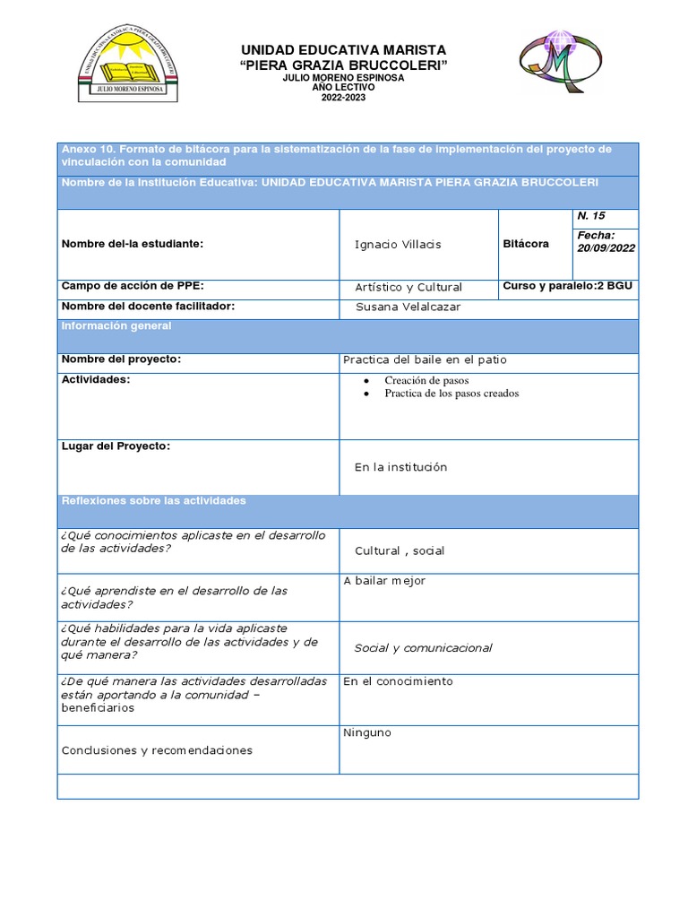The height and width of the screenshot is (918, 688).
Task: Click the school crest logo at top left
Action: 127,65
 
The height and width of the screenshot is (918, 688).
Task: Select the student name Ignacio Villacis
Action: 398,245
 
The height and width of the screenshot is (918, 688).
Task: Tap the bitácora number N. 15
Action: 591,216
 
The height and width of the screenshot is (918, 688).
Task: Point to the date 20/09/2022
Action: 606,248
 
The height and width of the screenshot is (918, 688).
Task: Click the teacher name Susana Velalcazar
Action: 408,308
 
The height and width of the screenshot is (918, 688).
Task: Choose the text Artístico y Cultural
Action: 408,287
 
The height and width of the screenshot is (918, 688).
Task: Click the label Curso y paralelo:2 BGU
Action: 568,286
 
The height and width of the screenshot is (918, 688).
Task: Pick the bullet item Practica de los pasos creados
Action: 451,394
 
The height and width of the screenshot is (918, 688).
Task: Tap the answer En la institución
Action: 400,467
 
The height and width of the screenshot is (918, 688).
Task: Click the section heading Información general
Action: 116,326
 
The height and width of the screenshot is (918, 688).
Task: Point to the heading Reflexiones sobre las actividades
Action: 152,500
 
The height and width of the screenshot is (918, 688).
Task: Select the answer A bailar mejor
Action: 384,581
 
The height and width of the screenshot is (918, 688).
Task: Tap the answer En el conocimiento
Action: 398,681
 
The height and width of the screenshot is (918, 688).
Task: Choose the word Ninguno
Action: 367,733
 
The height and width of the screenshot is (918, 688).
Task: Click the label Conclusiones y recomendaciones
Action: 157,750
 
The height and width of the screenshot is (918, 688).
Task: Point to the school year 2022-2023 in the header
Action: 343,97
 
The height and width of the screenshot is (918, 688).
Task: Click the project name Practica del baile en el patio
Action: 425,359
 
